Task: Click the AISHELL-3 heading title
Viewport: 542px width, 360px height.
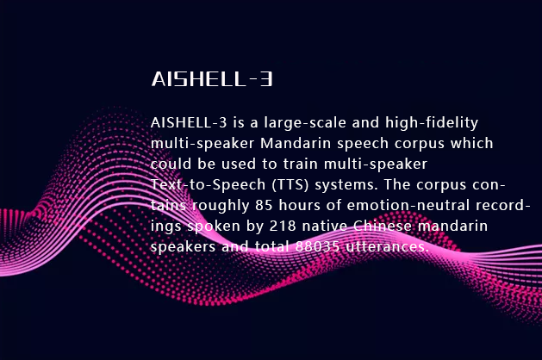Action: [x=212, y=80]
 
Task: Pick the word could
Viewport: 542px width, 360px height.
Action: [x=169, y=164]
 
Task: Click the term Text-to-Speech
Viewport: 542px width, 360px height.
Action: [x=198, y=184]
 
